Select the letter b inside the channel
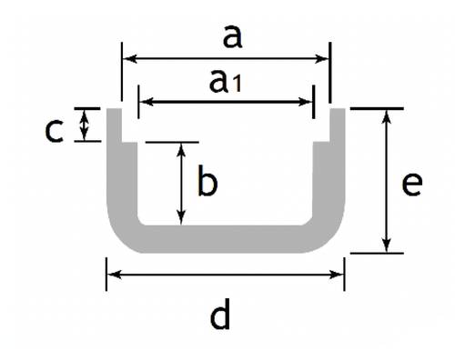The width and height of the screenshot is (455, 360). tap(207, 184)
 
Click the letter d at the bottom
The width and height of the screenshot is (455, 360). tap(219, 317)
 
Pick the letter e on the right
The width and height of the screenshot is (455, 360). tap(412, 184)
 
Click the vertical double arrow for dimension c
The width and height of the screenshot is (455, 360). tap(86, 125)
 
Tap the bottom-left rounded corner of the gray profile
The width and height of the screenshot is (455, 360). tap(121, 239)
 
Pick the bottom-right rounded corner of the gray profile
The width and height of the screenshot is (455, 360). tap(331, 239)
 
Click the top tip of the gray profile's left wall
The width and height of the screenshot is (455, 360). tap(115, 111)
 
